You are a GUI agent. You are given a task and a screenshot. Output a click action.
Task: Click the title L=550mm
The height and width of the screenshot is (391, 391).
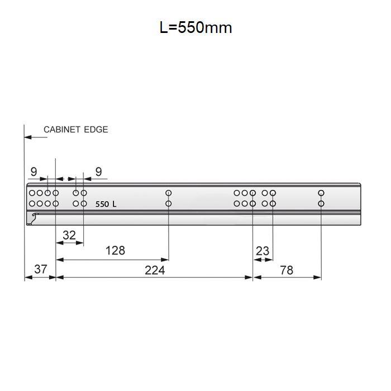pyautogui.click(x=195, y=27)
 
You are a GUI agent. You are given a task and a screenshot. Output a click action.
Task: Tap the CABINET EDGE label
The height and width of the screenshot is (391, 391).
pyautogui.click(x=75, y=130)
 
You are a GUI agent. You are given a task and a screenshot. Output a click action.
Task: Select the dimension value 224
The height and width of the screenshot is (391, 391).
pyautogui.click(x=155, y=270)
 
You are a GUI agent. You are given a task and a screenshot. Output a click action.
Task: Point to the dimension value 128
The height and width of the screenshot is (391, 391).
pyautogui.click(x=115, y=250)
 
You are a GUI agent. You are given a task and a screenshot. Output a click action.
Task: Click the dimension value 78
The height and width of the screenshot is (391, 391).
pyautogui.click(x=286, y=270)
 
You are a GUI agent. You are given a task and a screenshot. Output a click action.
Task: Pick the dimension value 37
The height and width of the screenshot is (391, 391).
pyautogui.click(x=40, y=269)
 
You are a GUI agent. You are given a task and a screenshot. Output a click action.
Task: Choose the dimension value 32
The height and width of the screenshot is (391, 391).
pyautogui.click(x=69, y=235)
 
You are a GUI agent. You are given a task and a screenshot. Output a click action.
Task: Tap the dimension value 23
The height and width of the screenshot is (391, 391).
pyautogui.click(x=263, y=251)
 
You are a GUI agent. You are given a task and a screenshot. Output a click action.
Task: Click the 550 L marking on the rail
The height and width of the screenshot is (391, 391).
pyautogui.click(x=106, y=204)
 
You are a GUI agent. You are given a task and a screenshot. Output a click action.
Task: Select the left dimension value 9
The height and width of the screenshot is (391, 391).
pyautogui.click(x=34, y=172)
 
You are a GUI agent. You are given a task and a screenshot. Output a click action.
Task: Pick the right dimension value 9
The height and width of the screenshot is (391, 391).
pyautogui.click(x=98, y=172)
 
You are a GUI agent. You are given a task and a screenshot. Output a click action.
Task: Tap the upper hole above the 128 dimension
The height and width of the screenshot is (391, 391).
pyautogui.click(x=169, y=193)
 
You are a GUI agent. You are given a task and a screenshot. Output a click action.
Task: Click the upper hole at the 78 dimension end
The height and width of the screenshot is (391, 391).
pyautogui.click(x=321, y=193)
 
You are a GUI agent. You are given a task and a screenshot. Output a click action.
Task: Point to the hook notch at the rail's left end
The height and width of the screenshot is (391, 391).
pyautogui.click(x=33, y=217)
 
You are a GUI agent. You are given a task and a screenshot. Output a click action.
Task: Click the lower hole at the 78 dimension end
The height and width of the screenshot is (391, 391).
pyautogui.click(x=321, y=203)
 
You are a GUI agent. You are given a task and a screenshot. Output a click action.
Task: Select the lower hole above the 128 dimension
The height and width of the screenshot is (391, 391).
pyautogui.click(x=169, y=203)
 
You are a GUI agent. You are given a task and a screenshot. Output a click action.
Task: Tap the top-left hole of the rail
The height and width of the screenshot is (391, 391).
pyautogui.click(x=32, y=193)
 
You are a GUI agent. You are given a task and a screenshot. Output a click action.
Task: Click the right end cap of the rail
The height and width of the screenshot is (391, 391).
pyautogui.click(x=359, y=204)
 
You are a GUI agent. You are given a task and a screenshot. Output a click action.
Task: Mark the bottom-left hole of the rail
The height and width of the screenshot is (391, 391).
pyautogui.click(x=32, y=203)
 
